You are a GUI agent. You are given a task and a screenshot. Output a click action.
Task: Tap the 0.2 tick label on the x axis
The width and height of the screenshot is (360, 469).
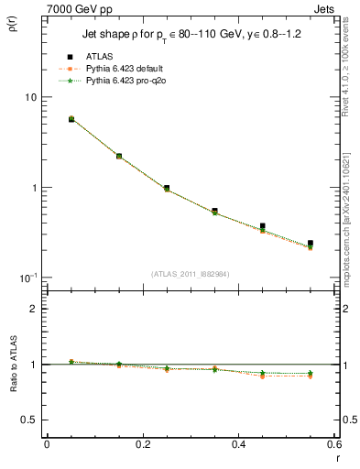(x=142, y=443)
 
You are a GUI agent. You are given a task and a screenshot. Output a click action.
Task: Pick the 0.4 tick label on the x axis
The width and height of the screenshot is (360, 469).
(x=239, y=443)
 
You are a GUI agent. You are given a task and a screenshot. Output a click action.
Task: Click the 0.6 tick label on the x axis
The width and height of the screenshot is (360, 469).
(x=334, y=443)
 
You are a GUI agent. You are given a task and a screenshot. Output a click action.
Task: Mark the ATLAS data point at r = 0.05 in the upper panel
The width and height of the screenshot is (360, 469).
(x=71, y=119)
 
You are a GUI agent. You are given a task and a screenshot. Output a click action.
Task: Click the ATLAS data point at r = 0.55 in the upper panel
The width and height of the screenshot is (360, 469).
(x=311, y=244)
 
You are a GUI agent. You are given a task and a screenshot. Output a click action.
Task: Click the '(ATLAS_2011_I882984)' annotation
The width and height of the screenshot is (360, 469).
(x=191, y=273)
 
